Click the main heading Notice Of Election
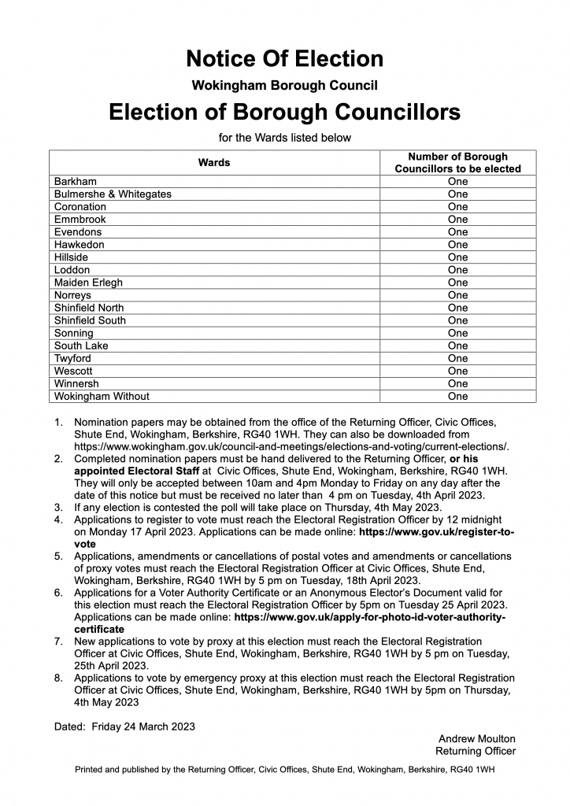coord(285,58)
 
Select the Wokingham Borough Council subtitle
coord(285,85)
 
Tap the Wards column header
coord(214,163)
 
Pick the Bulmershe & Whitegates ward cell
coord(113,194)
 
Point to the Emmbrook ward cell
coord(80,220)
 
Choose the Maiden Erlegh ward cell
coord(88,283)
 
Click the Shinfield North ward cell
coord(89,308)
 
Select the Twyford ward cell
coord(73,358)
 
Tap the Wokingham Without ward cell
coord(102,396)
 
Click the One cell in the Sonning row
coord(457,333)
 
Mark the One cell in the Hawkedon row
coord(457,245)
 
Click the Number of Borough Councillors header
coord(457,163)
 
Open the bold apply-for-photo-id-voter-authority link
coord(370,617)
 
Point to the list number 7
coord(59,642)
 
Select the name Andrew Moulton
coord(476,738)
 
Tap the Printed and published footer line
coord(285,769)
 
